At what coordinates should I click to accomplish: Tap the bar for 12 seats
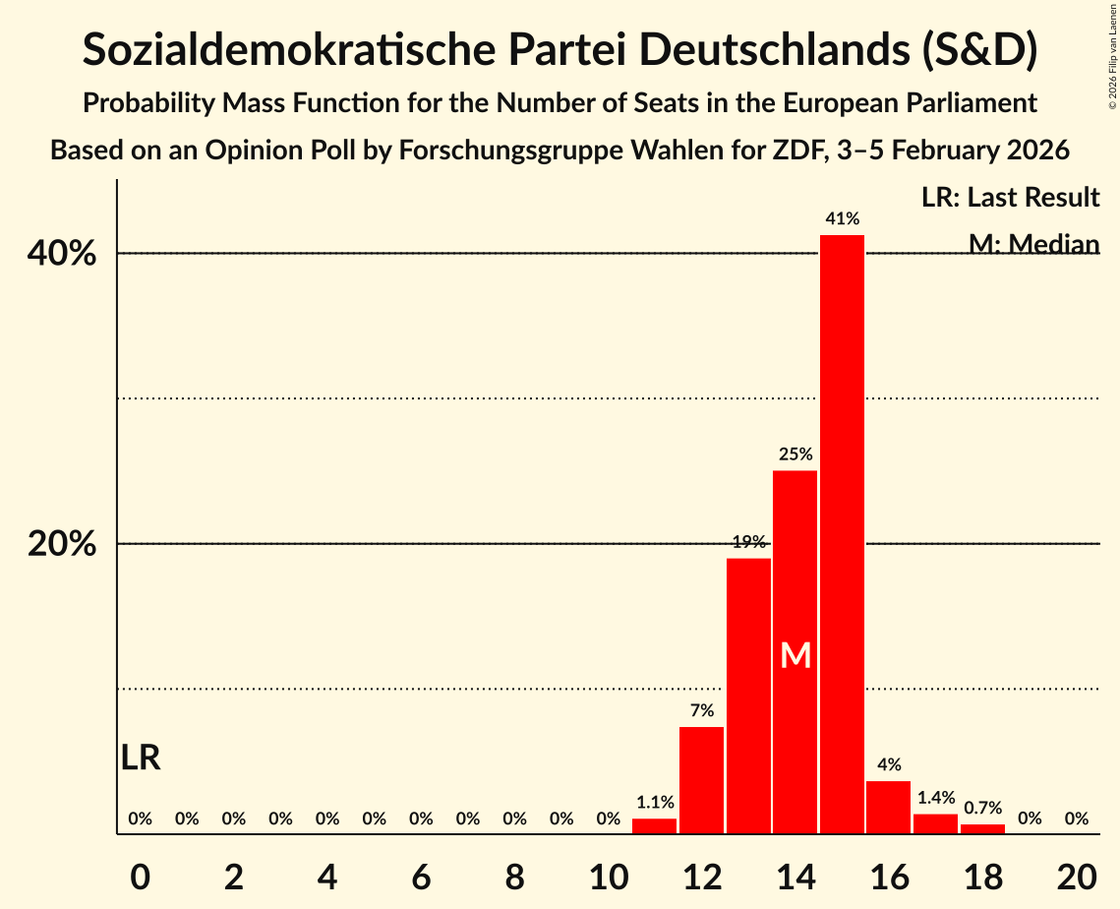pos(701,780)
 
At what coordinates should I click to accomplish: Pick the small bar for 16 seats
pos(888,808)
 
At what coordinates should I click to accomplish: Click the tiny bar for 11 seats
pos(654,826)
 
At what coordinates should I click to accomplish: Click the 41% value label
pos(843,218)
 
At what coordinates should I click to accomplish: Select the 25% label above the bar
pos(796,454)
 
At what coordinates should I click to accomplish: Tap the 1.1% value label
pos(655,803)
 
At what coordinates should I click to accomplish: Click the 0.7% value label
pos(982,808)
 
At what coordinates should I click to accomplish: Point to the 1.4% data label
pos(936,798)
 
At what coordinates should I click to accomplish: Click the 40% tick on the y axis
pos(62,254)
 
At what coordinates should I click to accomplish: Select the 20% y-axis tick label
pos(62,544)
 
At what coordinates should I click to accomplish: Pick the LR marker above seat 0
pos(141,757)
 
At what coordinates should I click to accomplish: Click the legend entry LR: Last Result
pos(1010,198)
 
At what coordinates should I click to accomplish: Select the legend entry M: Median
pos(1033,243)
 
